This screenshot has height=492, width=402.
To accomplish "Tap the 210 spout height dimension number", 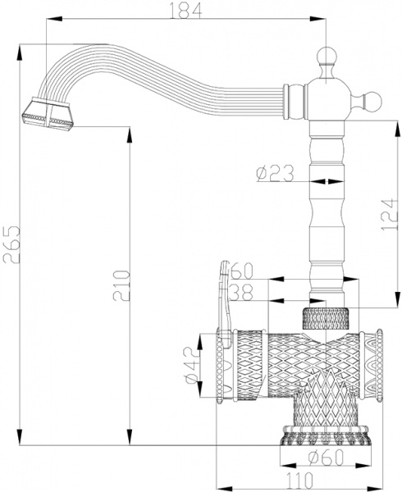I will click(x=120, y=285).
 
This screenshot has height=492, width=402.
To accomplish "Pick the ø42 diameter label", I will click(x=190, y=366).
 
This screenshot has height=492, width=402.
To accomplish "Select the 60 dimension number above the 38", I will click(x=240, y=270).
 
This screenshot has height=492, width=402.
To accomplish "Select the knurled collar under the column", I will click(x=328, y=317).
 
